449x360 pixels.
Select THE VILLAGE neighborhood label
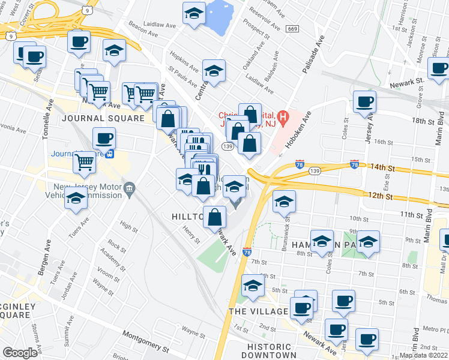[x=258, y=311]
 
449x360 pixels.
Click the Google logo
[x=19, y=353]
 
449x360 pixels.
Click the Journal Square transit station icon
[x=110, y=154]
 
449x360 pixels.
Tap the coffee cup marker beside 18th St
[x=364, y=101]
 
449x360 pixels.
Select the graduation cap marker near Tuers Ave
[x=76, y=200]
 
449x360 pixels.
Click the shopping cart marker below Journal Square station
[x=85, y=161]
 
